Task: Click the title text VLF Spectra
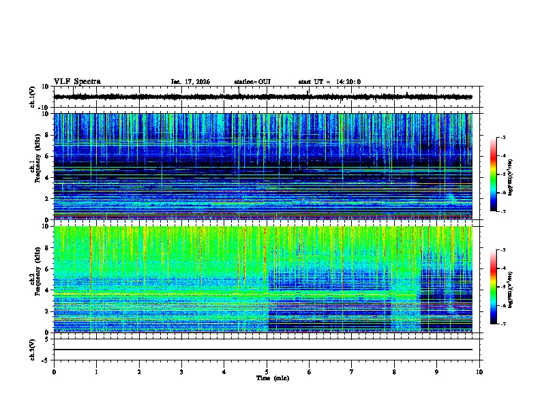pyautogui.click(x=77, y=82)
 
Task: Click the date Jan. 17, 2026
pyautogui.click(x=190, y=82)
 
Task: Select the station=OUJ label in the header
pyautogui.click(x=252, y=82)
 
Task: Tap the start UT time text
pyautogui.click(x=329, y=82)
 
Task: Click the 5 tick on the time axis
pyautogui.click(x=267, y=371)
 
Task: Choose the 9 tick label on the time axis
pyautogui.click(x=437, y=371)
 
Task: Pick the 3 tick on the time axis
pyautogui.click(x=181, y=371)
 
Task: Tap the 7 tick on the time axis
pyautogui.click(x=352, y=371)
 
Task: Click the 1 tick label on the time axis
pyautogui.click(x=96, y=371)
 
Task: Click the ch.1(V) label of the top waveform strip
pyautogui.click(x=32, y=97)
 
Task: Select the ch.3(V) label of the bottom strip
pyautogui.click(x=32, y=348)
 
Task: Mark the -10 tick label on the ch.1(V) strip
pyautogui.click(x=42, y=108)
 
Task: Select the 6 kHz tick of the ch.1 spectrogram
pyautogui.click(x=47, y=156)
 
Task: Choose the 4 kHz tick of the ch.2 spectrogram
pyautogui.click(x=47, y=290)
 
